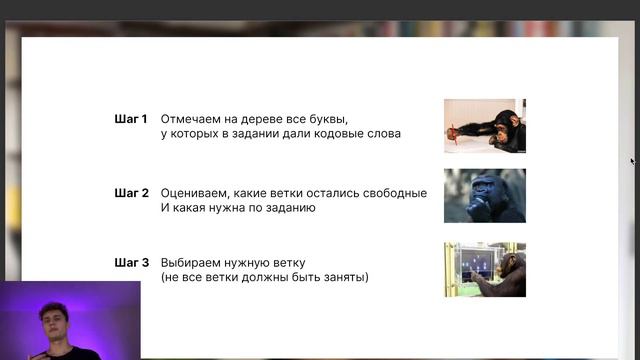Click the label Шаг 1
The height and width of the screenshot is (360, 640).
click(131, 118)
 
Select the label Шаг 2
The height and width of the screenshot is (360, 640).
click(131, 193)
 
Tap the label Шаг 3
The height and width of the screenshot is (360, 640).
click(131, 262)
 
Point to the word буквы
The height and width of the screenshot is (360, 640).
click(330, 118)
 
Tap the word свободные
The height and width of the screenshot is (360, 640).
click(394, 193)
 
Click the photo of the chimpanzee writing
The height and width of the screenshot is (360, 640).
click(485, 125)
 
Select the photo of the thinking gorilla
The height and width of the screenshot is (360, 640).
click(485, 195)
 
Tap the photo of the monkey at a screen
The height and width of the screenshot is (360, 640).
click(485, 269)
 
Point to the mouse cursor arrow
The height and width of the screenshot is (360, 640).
click(632, 160)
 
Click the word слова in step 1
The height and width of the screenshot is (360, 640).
click(382, 133)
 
